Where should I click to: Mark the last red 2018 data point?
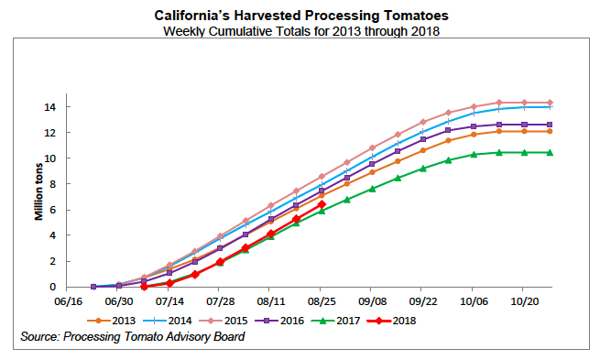321,204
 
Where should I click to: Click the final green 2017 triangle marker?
548,152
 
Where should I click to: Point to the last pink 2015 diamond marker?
548,103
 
